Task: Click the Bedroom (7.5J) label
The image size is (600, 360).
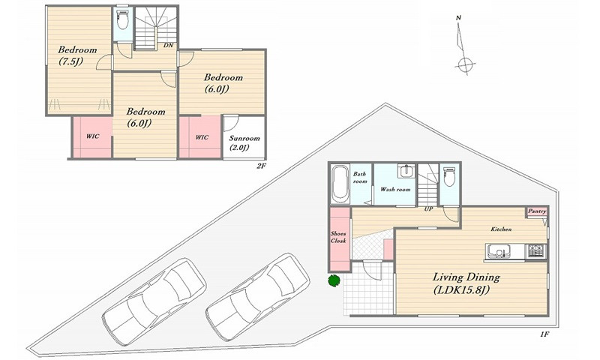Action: click(x=77, y=55)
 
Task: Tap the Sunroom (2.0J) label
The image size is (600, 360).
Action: click(x=244, y=142)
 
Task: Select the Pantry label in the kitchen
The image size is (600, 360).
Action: click(x=537, y=211)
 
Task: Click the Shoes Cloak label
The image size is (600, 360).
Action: click(x=338, y=237)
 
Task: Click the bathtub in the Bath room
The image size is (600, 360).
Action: click(x=340, y=184)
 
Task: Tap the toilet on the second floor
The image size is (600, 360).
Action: click(x=123, y=19)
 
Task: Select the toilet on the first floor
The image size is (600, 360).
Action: click(x=449, y=176)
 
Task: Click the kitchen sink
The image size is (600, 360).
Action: click(x=498, y=251)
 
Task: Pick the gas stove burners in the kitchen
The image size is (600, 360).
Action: click(x=537, y=251)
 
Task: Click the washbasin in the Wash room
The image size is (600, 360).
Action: click(x=406, y=171)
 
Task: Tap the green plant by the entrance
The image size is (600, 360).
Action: click(x=334, y=280)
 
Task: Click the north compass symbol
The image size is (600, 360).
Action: click(x=463, y=45)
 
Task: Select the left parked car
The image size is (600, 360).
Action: click(x=154, y=301)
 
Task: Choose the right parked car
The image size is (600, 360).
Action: click(x=257, y=296)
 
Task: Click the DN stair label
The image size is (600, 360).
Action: click(x=168, y=45)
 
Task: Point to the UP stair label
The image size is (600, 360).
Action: click(x=428, y=209)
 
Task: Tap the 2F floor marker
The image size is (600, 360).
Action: click(x=261, y=166)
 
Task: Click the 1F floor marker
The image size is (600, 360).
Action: click(x=545, y=334)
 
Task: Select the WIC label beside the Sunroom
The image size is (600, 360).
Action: click(x=202, y=137)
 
